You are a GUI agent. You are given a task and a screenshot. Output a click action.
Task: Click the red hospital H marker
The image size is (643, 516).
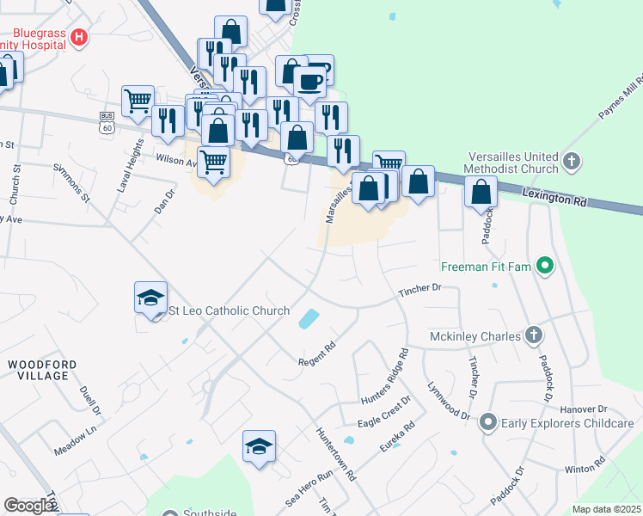(79, 37)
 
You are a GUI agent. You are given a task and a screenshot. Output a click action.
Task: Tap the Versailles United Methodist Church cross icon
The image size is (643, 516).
(572, 161)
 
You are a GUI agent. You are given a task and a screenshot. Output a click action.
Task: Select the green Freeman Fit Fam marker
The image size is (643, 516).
(543, 267)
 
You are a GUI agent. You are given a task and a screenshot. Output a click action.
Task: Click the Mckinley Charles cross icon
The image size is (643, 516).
(533, 335)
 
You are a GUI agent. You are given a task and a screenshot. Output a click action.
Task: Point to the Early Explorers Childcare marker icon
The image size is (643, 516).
(488, 422)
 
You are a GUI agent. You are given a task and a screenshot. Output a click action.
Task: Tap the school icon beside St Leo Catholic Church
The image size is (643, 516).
(150, 298)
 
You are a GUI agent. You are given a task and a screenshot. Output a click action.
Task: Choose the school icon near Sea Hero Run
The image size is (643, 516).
(259, 445)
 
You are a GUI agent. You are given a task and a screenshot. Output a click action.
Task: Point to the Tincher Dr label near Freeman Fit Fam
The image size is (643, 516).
(419, 292)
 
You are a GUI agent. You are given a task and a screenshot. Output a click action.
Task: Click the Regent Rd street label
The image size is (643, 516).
(317, 353)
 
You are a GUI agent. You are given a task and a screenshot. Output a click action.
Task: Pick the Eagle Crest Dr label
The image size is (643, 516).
(384, 412)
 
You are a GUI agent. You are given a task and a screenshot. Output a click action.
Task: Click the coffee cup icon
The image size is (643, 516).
(309, 83)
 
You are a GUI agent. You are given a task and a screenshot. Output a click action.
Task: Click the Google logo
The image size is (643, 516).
(29, 506)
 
